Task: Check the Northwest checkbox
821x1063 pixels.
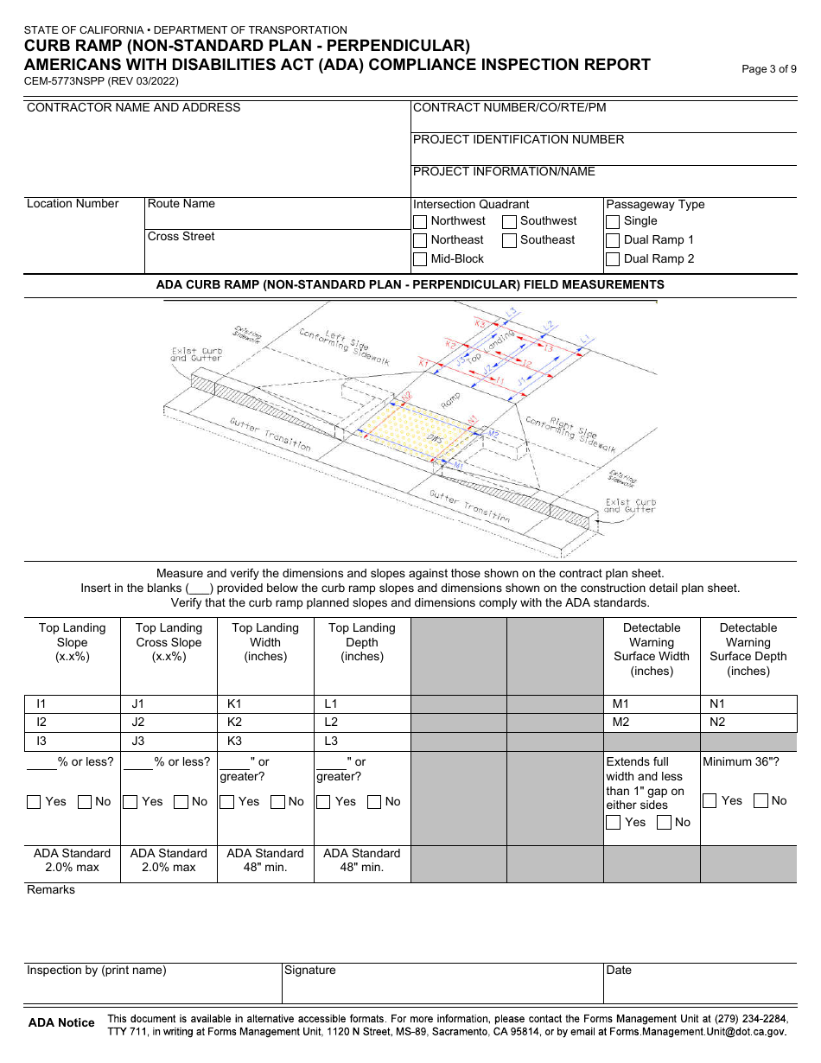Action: click(420, 221)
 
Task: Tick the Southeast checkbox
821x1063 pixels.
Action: click(510, 240)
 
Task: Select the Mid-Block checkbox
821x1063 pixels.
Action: click(420, 259)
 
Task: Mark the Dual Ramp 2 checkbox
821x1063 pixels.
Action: click(613, 259)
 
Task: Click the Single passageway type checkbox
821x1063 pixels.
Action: click(613, 221)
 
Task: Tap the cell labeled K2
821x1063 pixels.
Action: click(264, 722)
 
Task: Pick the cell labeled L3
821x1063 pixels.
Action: click(361, 742)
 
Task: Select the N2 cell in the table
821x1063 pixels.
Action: click(748, 722)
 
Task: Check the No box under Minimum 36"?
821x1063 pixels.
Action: click(761, 801)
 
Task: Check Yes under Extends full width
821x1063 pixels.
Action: click(614, 823)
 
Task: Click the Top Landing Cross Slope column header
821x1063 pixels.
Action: click(169, 642)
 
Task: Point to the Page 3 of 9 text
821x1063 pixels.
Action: click(769, 69)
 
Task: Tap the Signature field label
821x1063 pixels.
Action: click(310, 971)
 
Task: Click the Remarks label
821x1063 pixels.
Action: click(51, 890)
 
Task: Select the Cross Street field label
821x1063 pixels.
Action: click(181, 237)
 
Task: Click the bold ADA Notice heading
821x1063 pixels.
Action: click(61, 1023)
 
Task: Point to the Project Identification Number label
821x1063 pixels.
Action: click(519, 140)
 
